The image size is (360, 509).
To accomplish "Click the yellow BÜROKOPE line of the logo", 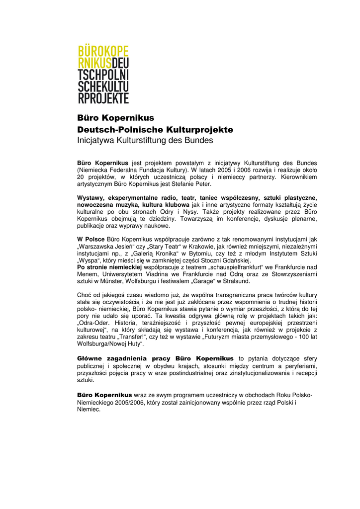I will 103,51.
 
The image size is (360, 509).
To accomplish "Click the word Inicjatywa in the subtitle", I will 95,141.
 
